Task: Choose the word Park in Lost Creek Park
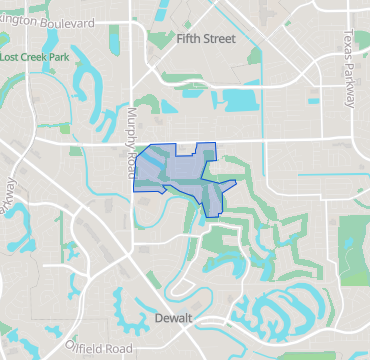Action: pos(63,57)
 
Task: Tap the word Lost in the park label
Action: pos(12,57)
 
